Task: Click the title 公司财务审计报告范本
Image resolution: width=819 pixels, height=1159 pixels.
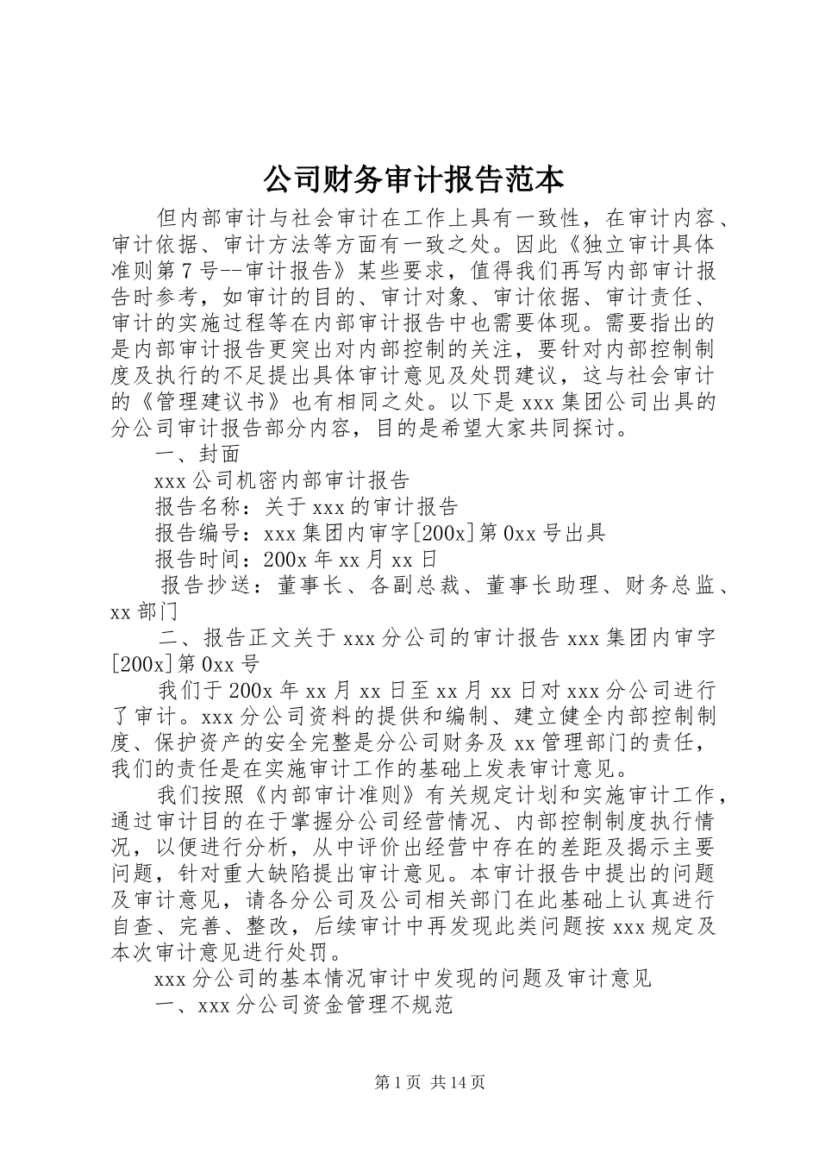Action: click(412, 179)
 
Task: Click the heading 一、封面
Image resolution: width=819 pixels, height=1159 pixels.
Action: click(197, 454)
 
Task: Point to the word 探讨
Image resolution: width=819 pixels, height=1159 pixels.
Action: click(597, 429)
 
